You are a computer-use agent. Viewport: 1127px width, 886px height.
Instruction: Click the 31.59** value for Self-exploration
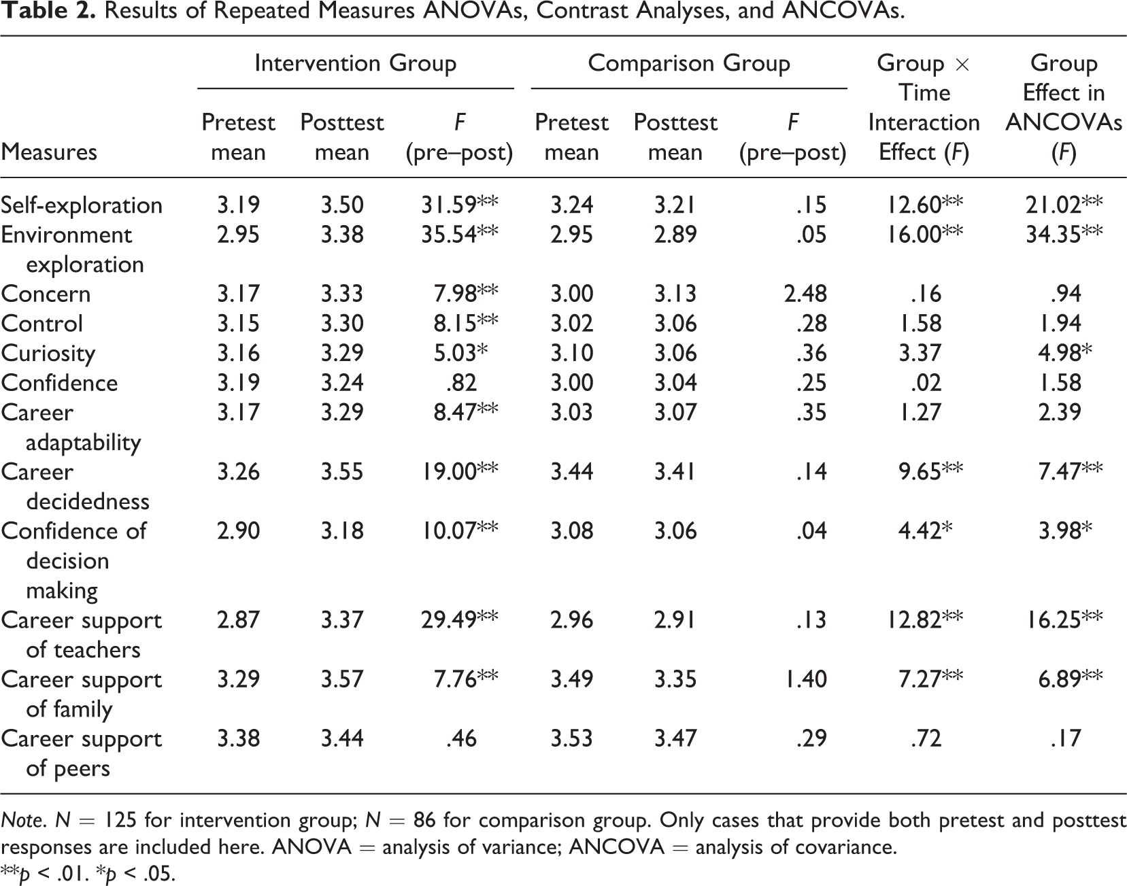(460, 205)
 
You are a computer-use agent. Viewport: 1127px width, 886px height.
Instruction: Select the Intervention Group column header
(355, 63)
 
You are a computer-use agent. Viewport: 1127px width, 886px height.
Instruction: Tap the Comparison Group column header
(689, 63)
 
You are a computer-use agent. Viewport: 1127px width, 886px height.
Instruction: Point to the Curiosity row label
(48, 354)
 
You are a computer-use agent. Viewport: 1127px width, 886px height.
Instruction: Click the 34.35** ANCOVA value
(1064, 235)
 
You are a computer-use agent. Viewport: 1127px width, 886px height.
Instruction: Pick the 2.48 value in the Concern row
(805, 294)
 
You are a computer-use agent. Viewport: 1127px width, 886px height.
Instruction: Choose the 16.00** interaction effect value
(924, 235)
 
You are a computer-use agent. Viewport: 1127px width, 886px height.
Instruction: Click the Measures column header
(49, 152)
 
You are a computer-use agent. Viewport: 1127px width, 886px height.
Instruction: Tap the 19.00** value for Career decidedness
(460, 471)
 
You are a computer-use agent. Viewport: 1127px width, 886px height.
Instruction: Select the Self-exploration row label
(82, 205)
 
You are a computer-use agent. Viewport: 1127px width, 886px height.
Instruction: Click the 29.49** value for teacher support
(460, 619)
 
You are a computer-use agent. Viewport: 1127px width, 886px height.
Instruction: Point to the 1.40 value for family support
(806, 679)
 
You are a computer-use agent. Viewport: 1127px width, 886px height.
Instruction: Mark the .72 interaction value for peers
(926, 738)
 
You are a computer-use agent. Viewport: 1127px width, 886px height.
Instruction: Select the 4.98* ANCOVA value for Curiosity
(1064, 353)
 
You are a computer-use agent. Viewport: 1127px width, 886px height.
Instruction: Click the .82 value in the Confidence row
(460, 382)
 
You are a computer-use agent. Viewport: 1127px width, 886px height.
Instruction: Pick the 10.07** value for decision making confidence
(460, 530)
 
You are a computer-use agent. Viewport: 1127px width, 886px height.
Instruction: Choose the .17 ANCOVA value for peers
(1065, 738)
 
